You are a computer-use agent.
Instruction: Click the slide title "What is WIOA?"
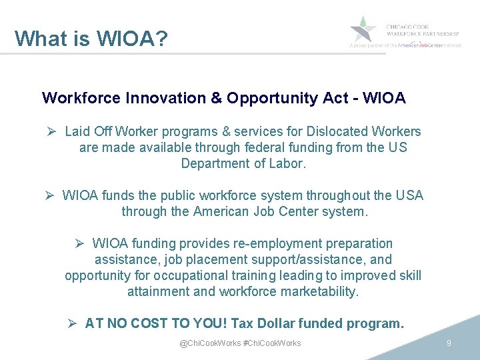click(x=91, y=38)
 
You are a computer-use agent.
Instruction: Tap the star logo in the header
click(x=364, y=29)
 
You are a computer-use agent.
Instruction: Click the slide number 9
click(x=449, y=343)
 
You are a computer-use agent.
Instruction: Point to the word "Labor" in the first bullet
click(x=287, y=163)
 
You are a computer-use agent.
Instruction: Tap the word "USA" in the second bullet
click(x=409, y=195)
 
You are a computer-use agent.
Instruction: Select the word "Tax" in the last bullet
click(x=244, y=324)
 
